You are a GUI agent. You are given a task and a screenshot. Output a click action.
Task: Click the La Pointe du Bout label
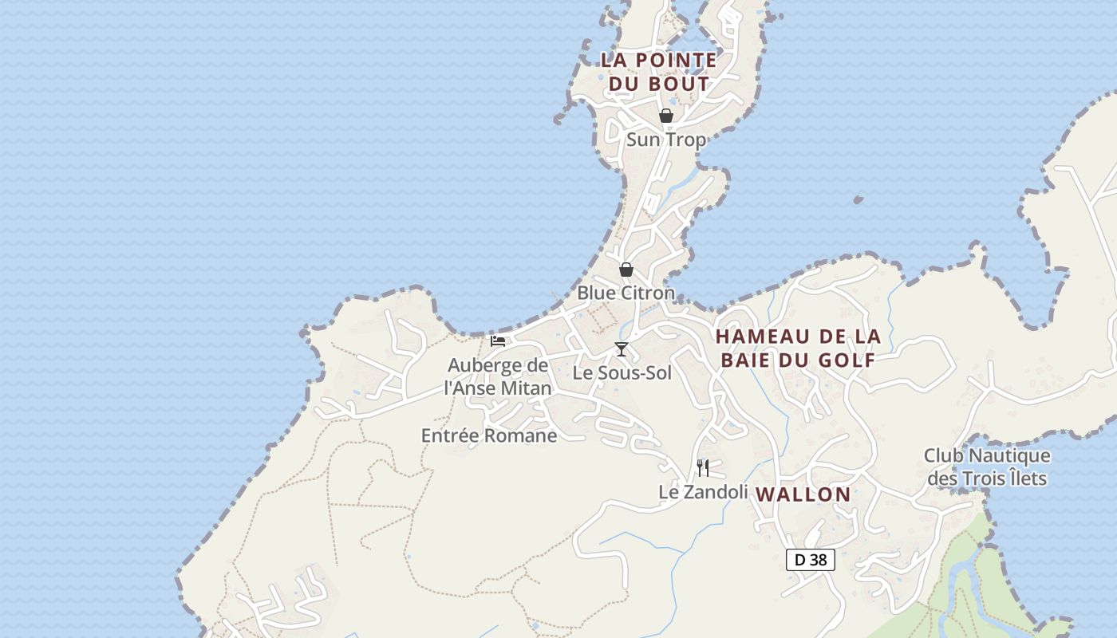[x=658, y=71]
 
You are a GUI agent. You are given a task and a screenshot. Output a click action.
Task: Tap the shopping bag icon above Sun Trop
[x=666, y=116]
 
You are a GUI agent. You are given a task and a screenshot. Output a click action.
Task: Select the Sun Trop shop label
[x=666, y=140]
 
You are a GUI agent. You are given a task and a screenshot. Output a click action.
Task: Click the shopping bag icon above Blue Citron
[x=626, y=270]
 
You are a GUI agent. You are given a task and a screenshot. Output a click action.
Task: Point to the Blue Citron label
[x=626, y=293]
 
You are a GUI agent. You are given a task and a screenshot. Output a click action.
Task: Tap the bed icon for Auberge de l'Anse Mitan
[x=498, y=341]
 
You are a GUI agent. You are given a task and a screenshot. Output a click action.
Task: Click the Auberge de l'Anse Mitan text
[x=498, y=376]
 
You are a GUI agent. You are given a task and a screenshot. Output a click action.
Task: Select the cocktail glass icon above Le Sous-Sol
[x=622, y=349]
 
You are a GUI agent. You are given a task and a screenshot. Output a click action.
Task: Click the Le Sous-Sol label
[x=622, y=372]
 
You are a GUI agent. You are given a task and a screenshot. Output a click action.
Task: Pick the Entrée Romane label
[x=489, y=435]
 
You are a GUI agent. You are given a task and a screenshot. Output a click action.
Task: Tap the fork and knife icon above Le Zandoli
[x=703, y=468]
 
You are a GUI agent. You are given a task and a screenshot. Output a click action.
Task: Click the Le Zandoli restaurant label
[x=703, y=492]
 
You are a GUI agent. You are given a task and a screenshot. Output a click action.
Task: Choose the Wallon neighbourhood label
[x=803, y=494]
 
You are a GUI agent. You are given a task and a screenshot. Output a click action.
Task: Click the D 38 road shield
[x=811, y=560]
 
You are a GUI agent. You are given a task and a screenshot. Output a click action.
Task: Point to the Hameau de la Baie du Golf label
[x=798, y=348]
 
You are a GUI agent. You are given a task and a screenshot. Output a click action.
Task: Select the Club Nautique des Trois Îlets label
[x=987, y=467]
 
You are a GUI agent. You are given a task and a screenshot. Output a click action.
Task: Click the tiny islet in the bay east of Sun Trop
[x=858, y=199]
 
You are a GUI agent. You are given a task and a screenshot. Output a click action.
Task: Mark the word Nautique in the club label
[x=1009, y=455]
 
